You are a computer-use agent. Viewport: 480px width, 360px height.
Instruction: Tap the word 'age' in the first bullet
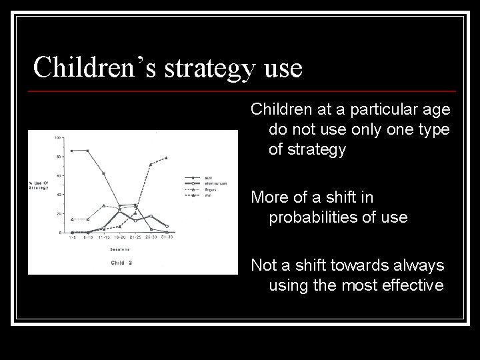tap(436, 109)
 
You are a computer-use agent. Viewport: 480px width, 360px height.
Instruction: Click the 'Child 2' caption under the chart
tap(121, 263)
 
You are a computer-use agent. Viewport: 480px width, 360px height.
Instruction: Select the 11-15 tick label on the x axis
tap(103, 237)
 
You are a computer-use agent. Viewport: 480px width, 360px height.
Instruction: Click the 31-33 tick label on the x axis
tap(167, 237)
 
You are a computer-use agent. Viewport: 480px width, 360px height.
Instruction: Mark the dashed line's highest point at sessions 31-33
tap(166, 158)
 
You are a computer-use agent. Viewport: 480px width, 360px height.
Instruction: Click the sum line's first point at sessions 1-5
tap(71, 151)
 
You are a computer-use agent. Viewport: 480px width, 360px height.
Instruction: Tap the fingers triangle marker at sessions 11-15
tap(103, 205)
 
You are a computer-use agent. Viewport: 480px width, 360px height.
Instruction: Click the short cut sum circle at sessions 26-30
tap(151, 216)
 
